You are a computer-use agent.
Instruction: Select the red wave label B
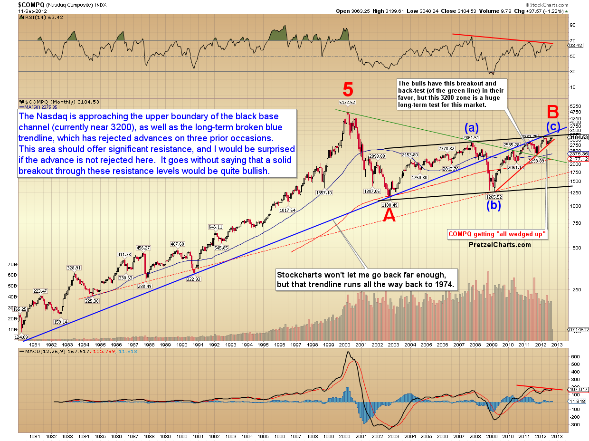(x=552, y=112)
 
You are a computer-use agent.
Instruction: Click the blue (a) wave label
(x=471, y=128)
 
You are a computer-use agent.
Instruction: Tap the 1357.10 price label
(x=323, y=192)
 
